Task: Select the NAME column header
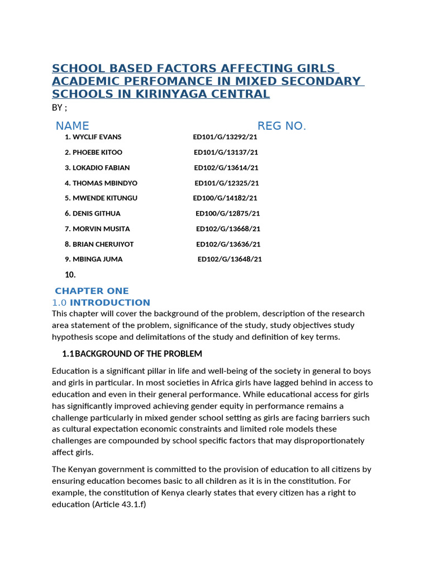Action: [x=72, y=126]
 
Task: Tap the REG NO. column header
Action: [x=282, y=126]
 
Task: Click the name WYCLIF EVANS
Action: [x=97, y=137]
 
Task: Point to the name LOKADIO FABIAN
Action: [x=101, y=168]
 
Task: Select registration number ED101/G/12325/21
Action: [x=226, y=183]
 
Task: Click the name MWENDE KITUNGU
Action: [x=104, y=198]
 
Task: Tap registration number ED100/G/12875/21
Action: [x=227, y=213]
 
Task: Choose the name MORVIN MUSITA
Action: [x=101, y=228]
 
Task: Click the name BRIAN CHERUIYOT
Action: [x=103, y=244]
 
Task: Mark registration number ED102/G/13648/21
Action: [x=230, y=259]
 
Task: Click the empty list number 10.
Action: [x=70, y=274]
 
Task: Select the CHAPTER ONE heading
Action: [x=92, y=291]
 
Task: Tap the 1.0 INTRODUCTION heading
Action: [x=101, y=303]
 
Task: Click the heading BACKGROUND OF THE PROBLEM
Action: [x=138, y=354]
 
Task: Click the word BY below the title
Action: [x=57, y=108]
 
